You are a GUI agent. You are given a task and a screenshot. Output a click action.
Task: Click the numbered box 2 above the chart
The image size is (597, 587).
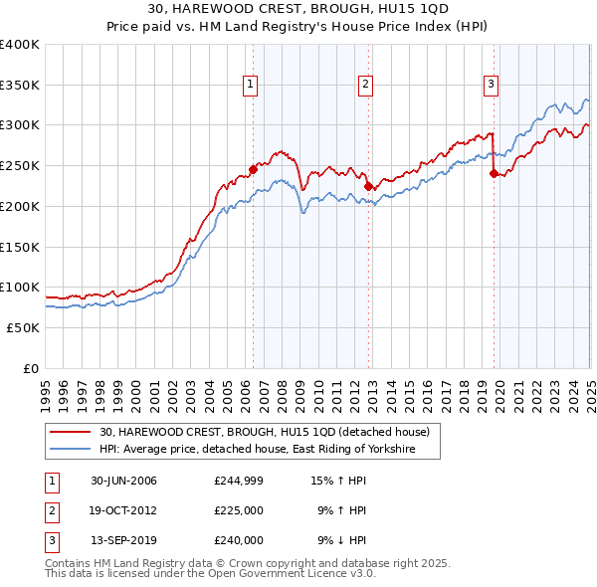tap(366, 85)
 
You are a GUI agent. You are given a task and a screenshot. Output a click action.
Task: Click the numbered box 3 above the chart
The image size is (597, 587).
tap(491, 85)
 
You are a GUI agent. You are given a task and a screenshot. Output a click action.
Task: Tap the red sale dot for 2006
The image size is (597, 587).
tap(253, 169)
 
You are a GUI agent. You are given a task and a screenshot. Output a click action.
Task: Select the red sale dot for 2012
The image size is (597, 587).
tap(368, 186)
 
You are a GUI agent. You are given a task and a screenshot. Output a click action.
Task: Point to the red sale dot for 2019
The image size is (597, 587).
tap(494, 174)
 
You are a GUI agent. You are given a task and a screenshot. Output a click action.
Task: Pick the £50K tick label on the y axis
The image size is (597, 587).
tap(22, 327)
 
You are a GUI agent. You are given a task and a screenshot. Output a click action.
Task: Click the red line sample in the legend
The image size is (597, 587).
tap(70, 432)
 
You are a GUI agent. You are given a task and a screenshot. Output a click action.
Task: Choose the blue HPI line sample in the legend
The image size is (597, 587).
tap(70, 450)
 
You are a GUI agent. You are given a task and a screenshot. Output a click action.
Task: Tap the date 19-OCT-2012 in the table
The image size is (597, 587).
tap(123, 511)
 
